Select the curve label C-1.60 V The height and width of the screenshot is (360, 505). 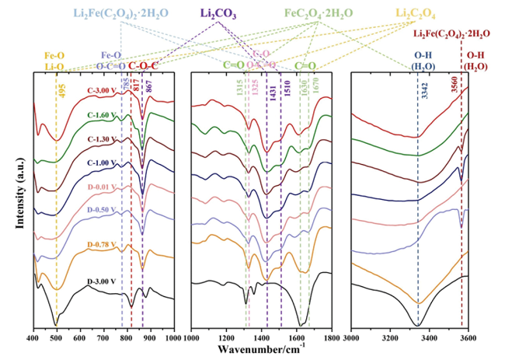103,114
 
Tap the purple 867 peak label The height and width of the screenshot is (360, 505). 148,87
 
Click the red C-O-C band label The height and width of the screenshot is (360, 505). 144,66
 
